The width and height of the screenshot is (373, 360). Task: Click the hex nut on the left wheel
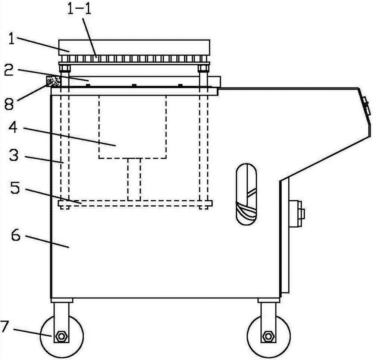[61, 338]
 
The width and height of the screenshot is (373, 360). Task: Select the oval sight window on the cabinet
[247, 194]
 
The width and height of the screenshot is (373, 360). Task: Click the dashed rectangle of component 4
[132, 127]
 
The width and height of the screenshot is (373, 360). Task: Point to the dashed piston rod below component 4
[134, 179]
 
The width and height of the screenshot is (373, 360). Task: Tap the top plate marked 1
[134, 47]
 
